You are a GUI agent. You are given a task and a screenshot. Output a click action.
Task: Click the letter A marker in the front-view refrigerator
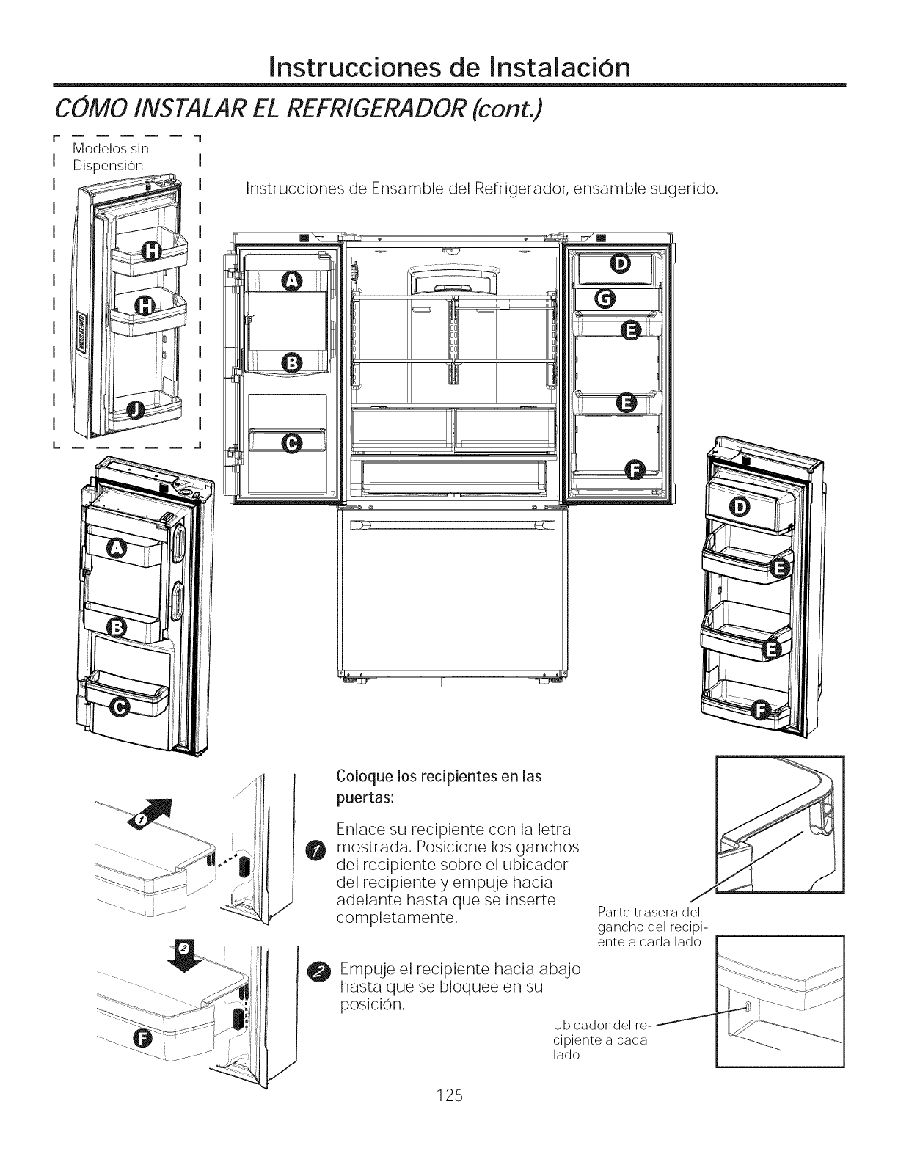[292, 279]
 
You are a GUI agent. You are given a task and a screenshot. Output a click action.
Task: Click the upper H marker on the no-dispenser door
[150, 252]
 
